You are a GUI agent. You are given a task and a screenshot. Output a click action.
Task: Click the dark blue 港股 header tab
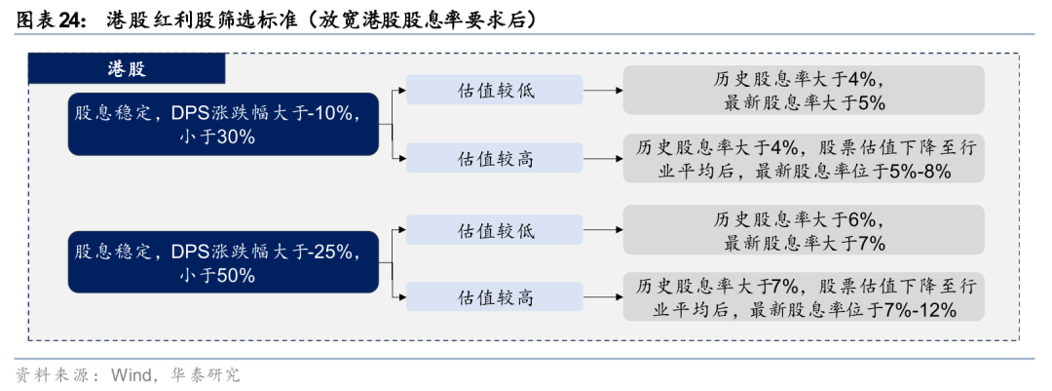[x=127, y=68]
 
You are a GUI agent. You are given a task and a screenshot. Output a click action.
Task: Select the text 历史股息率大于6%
[x=804, y=218]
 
